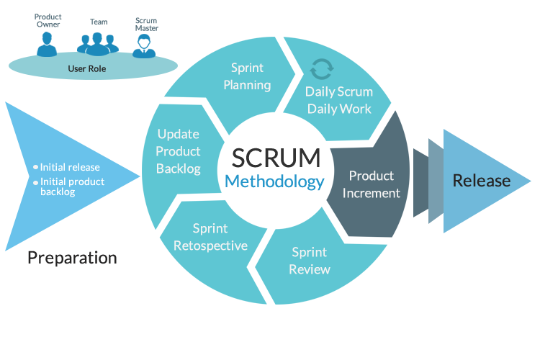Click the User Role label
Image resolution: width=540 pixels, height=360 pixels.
(x=86, y=70)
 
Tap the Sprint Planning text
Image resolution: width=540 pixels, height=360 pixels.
(x=247, y=76)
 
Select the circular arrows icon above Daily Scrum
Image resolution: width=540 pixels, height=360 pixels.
(x=321, y=69)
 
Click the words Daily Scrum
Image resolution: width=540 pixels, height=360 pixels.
(x=339, y=91)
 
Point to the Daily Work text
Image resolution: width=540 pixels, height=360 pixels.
(x=339, y=109)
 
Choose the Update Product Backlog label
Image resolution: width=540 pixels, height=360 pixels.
(x=178, y=151)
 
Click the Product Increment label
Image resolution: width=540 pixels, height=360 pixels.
(x=372, y=184)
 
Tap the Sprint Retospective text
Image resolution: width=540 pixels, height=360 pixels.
(x=210, y=237)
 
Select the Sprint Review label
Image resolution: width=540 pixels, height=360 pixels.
(x=310, y=261)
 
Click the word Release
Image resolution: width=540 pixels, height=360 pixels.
(x=482, y=181)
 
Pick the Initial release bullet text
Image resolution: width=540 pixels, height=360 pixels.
(x=70, y=167)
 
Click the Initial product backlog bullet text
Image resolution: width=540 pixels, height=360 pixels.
(x=72, y=186)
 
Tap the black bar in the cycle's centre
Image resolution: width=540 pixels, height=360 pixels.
(x=276, y=158)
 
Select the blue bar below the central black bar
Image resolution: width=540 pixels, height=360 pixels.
(x=275, y=183)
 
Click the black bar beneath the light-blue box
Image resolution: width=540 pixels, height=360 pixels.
(x=72, y=259)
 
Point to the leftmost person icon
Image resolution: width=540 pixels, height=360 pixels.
(x=48, y=44)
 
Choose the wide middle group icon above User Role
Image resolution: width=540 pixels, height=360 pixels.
(x=99, y=43)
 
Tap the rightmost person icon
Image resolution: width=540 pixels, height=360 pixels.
(x=145, y=45)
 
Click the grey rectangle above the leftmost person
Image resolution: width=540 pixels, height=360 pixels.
(x=48, y=20)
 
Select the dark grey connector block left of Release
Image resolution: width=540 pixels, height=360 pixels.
(x=420, y=182)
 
